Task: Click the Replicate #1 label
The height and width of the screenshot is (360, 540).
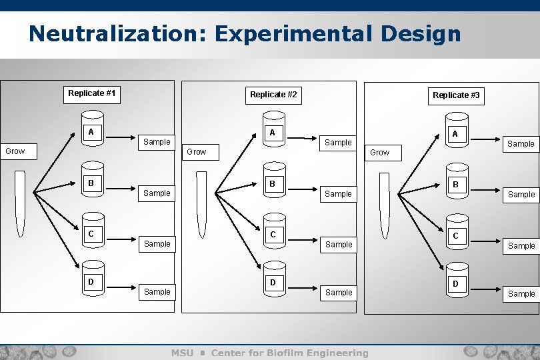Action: pyautogui.click(x=92, y=93)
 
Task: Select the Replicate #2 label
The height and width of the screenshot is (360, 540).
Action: pyautogui.click(x=273, y=95)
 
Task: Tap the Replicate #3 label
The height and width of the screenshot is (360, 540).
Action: pyautogui.click(x=456, y=95)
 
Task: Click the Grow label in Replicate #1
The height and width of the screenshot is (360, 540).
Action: pyautogui.click(x=15, y=151)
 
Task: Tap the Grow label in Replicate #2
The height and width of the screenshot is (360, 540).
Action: pyautogui.click(x=197, y=152)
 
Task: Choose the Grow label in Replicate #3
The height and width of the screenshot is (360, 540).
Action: pyautogui.click(x=380, y=153)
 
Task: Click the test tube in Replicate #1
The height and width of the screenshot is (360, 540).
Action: pyautogui.click(x=20, y=203)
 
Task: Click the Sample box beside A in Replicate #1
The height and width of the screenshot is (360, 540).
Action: pyautogui.click(x=157, y=141)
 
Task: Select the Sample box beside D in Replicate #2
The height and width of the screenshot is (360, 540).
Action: pyautogui.click(x=339, y=292)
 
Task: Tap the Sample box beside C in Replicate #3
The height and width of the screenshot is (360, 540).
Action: pyautogui.click(x=521, y=245)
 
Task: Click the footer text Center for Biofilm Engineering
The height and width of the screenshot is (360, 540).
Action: pyautogui.click(x=289, y=353)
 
